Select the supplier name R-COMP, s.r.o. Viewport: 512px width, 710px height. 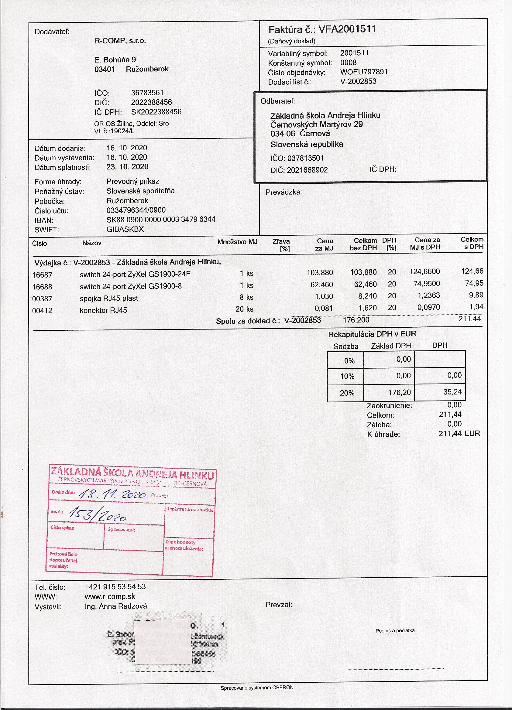[120, 41]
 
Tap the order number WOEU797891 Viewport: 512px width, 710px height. [364, 72]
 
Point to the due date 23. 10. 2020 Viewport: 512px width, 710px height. [127, 167]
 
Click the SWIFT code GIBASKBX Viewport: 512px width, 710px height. [125, 229]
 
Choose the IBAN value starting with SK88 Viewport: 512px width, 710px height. [161, 220]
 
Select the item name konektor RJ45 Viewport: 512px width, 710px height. [103, 310]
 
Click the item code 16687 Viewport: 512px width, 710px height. [42, 275]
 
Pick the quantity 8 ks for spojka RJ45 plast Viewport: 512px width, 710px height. [246, 297]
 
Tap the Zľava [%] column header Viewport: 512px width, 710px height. [281, 245]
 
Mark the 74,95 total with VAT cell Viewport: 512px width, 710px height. [474, 283]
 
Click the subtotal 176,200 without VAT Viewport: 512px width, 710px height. [356, 320]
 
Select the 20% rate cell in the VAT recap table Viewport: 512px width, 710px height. [347, 393]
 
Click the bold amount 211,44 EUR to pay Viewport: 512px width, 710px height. [459, 434]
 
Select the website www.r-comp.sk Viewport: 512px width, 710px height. [110, 596]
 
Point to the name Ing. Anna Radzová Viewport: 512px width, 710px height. [115, 606]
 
